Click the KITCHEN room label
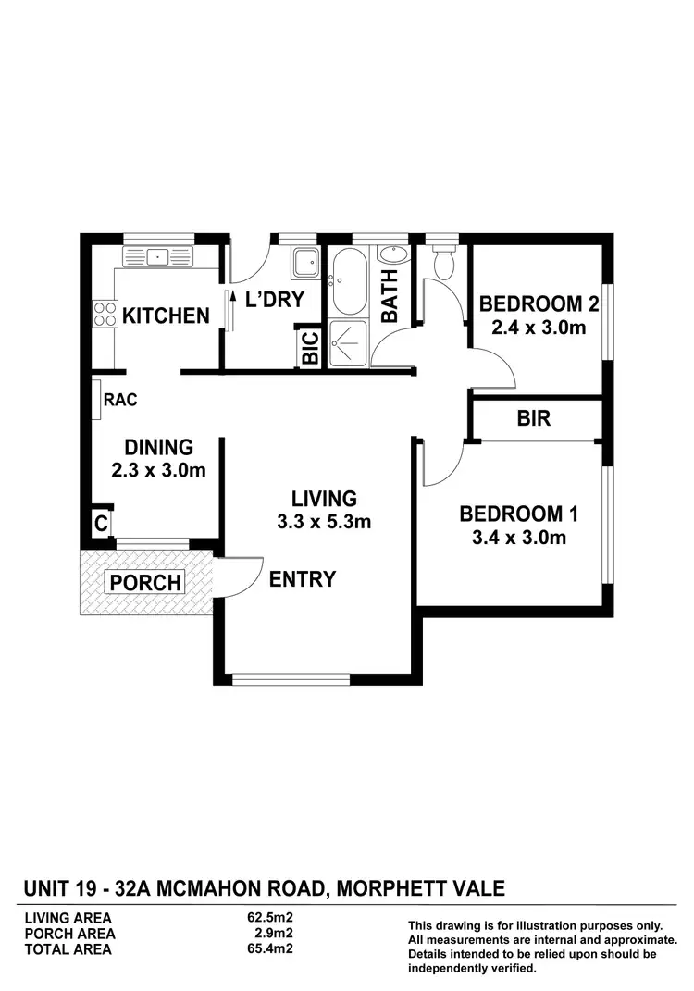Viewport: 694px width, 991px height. point(167,316)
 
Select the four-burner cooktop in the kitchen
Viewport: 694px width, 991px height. point(105,315)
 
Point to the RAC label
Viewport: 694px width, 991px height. point(120,401)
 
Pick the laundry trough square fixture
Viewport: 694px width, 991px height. point(304,264)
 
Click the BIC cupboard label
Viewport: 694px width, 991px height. point(311,348)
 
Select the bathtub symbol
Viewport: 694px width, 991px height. point(349,281)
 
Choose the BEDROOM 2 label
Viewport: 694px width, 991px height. point(539,304)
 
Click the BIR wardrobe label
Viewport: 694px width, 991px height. point(534,419)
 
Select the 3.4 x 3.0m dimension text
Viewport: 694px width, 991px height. point(513,538)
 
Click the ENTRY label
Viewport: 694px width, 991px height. point(303,580)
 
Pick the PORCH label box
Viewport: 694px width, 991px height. point(146,583)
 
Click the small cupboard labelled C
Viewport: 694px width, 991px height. point(100,523)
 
